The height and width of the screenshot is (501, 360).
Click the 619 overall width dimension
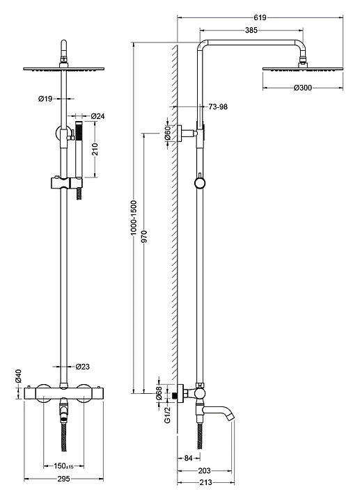point(260,17)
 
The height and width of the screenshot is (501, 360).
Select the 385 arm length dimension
point(251,31)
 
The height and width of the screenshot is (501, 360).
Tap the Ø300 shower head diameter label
point(302,88)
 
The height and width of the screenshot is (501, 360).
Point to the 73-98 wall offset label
point(218,106)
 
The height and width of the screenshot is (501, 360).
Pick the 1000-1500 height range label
point(134,218)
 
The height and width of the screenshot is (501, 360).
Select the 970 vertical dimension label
point(144,237)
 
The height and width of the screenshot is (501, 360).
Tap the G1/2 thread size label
point(168,415)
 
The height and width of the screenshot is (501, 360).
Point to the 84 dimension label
point(189,458)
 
